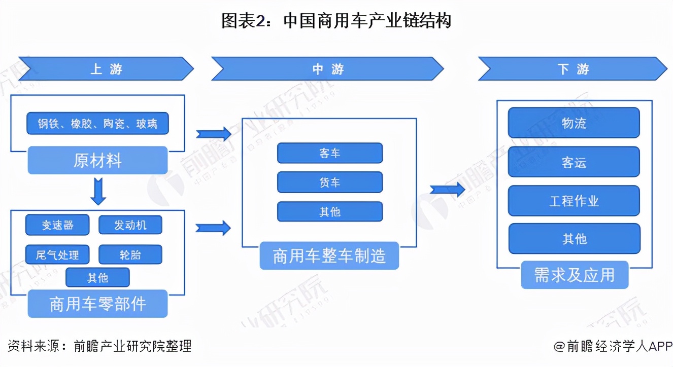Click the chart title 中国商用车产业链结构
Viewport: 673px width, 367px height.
coord(336,21)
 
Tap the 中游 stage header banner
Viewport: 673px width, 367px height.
coord(327,69)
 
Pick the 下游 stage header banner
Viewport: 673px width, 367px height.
coord(573,69)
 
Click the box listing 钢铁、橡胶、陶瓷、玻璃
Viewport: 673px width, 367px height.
coord(97,123)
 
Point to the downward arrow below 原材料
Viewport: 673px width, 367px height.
coord(97,191)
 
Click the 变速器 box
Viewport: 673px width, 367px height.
coord(57,225)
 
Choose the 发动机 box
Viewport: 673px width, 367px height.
coord(130,225)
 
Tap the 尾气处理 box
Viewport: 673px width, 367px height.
coord(57,254)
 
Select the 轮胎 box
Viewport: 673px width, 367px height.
coord(130,254)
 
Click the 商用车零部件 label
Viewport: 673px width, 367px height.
coord(97,303)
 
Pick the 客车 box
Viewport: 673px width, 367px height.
coord(329,153)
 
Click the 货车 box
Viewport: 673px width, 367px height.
coord(329,182)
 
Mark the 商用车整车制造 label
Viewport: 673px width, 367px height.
coord(329,256)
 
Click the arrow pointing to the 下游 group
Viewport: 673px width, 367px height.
coord(447,190)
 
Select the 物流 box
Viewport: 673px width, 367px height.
coord(574,123)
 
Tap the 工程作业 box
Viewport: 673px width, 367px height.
coord(574,201)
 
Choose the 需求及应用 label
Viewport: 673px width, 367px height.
coord(574,275)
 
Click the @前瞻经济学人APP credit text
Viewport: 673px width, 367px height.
coord(613,346)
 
